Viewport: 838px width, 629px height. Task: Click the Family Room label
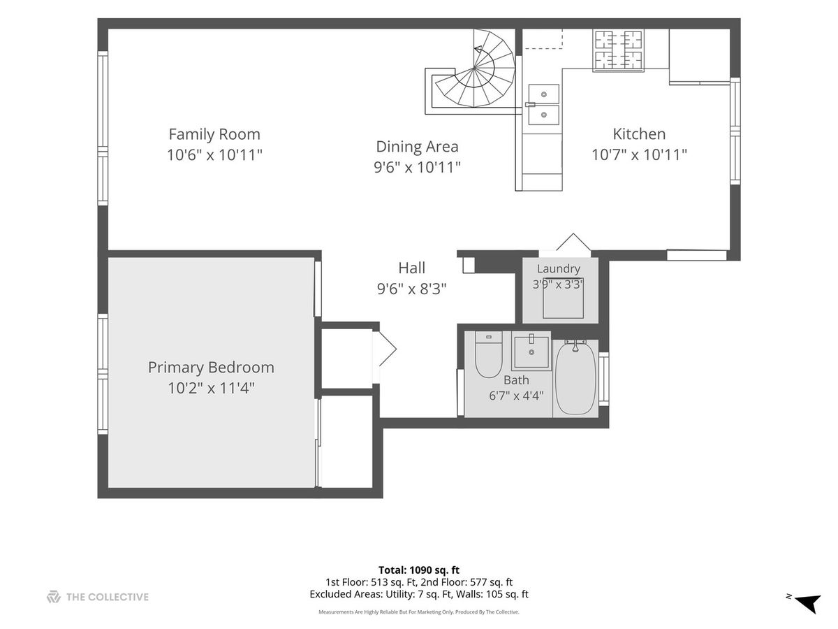click(214, 134)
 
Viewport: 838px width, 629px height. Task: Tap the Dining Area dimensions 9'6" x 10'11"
click(417, 167)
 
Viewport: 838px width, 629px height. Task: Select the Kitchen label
click(639, 134)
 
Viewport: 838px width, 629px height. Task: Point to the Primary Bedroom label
click(211, 368)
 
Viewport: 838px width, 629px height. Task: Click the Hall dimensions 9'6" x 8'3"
click(411, 289)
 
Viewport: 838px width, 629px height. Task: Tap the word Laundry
click(559, 268)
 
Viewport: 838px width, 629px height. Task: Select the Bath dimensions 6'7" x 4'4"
click(516, 396)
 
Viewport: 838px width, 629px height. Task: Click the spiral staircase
click(473, 72)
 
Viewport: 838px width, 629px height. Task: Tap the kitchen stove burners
click(619, 51)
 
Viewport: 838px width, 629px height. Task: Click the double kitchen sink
click(543, 104)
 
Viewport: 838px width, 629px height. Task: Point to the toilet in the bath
click(488, 354)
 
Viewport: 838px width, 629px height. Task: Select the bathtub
click(575, 378)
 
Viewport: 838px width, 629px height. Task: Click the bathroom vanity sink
click(531, 351)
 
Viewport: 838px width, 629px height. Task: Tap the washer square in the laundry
click(563, 298)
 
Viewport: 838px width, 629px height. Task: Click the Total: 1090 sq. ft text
click(419, 570)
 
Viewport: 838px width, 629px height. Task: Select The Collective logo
click(98, 597)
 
